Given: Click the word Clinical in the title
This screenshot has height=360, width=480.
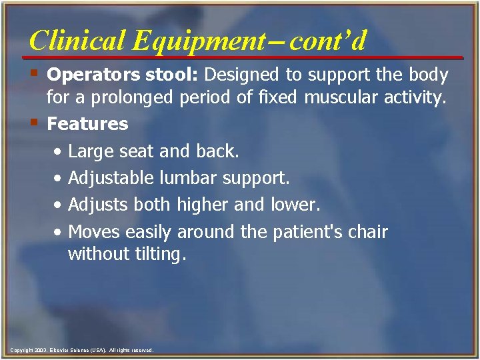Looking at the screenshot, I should (x=77, y=41).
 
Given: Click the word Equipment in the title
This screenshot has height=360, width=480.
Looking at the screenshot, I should (x=198, y=41).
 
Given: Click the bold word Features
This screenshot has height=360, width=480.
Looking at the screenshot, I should (x=87, y=124).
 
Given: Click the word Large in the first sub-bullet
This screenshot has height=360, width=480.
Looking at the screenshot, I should (x=91, y=151).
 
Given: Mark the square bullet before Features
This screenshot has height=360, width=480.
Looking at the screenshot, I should (x=35, y=121).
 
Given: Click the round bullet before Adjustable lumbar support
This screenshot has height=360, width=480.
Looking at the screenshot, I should (x=59, y=179).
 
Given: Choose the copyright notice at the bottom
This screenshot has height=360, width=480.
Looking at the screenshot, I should (x=81, y=350).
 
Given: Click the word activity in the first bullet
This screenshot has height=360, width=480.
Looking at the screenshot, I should (x=413, y=99).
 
